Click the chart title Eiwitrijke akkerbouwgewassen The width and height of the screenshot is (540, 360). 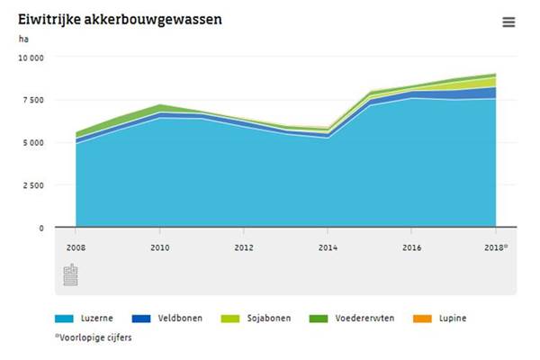point(121,18)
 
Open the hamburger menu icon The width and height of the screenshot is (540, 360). point(508,22)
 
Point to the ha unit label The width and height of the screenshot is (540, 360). point(23,39)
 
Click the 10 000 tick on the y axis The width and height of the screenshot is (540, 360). point(31,57)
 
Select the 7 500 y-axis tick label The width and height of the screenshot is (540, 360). point(32,100)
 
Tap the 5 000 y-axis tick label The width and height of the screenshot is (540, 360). point(32,142)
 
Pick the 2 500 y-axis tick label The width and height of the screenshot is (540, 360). point(32,185)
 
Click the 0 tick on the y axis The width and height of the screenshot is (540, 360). point(40,229)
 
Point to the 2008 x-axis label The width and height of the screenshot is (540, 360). point(76,247)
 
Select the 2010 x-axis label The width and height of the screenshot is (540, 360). point(159,247)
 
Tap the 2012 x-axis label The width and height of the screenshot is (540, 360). point(244,247)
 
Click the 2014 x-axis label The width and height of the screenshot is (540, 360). point(328,247)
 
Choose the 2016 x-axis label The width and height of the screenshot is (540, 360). point(411,247)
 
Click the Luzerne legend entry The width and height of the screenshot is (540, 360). point(89,319)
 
